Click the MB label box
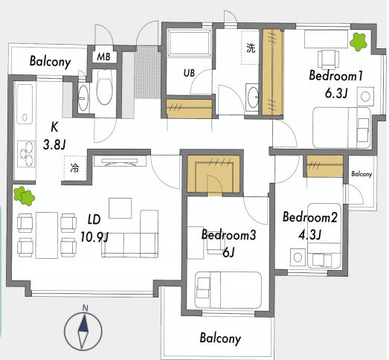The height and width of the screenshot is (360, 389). (x=103, y=57)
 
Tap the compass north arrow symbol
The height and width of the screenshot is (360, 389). (x=83, y=330)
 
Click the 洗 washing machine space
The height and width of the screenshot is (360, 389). (x=250, y=48)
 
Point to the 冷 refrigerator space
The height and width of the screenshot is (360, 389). (x=75, y=168)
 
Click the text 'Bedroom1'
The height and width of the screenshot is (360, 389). (x=336, y=75)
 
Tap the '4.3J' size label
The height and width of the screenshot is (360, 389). (x=310, y=234)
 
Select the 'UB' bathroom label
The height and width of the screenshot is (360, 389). (x=189, y=73)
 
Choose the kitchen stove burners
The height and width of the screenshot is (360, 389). (x=26, y=154)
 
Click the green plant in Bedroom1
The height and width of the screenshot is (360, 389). (x=359, y=42)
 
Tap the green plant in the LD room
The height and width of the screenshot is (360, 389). (x=24, y=196)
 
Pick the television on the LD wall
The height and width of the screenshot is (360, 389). (x=120, y=161)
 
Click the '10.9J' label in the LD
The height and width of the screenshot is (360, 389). (x=94, y=237)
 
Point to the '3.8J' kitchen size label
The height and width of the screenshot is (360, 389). (x=54, y=144)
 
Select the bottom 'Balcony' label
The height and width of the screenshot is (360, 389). (x=220, y=338)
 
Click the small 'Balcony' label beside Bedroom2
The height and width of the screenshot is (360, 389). (x=361, y=174)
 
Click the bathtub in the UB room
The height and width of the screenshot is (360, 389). (x=189, y=42)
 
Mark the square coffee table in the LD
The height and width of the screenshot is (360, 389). (x=120, y=208)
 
